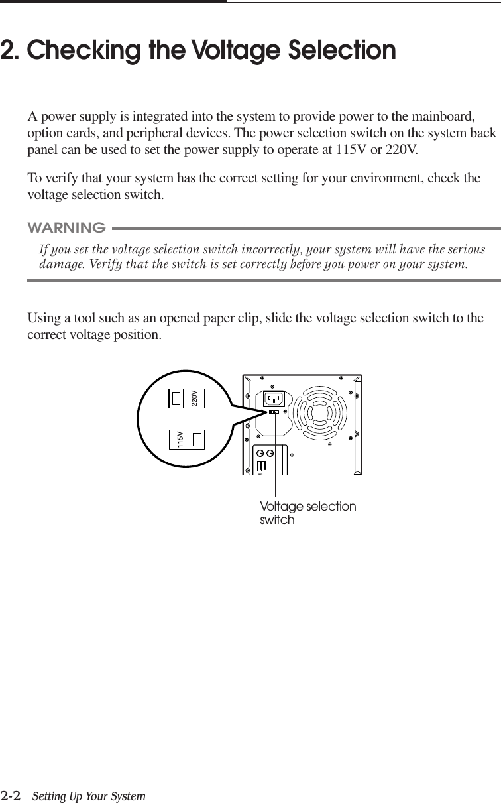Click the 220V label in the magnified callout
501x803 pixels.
194,398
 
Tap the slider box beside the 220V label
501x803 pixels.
176,398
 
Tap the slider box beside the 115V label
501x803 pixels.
197,440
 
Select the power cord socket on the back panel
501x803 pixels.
274,399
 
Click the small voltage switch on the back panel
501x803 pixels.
274,413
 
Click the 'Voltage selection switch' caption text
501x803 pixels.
307,513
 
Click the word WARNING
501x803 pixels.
66,229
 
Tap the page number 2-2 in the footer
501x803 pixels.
10,795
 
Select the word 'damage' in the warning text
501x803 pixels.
61,265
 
